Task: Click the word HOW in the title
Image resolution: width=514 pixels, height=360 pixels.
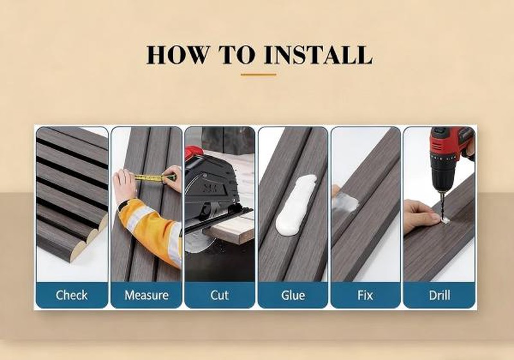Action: click(x=177, y=55)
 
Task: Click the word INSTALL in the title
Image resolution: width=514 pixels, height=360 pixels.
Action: click(x=318, y=55)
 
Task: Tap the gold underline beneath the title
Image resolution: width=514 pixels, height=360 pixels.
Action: click(x=258, y=75)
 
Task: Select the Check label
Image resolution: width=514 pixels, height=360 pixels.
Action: click(x=72, y=295)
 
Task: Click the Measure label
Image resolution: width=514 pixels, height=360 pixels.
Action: click(x=146, y=295)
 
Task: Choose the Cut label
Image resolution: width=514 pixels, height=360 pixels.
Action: click(x=219, y=295)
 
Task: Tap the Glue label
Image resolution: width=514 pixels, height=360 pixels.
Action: click(x=293, y=295)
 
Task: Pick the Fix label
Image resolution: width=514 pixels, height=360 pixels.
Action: click(x=365, y=295)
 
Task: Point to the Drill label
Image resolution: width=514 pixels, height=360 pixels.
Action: click(x=439, y=295)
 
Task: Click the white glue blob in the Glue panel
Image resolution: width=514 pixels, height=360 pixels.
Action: click(x=296, y=204)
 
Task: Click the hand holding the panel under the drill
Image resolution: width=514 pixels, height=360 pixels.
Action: click(x=421, y=215)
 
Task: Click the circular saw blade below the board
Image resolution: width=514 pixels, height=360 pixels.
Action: click(x=198, y=244)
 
